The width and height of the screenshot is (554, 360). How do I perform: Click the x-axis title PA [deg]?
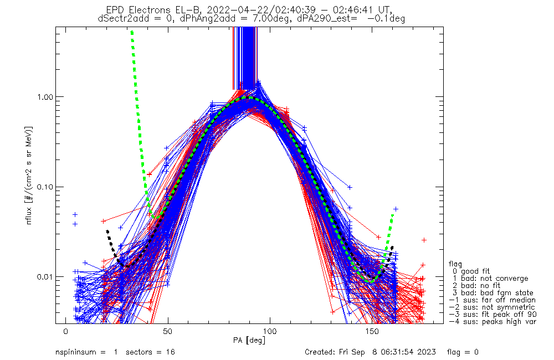click(x=249, y=340)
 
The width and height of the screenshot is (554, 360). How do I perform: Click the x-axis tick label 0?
click(x=65, y=331)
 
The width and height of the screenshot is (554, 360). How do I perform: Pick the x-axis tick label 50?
click(x=167, y=331)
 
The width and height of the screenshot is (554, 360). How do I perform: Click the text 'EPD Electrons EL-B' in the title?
click(x=158, y=10)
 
